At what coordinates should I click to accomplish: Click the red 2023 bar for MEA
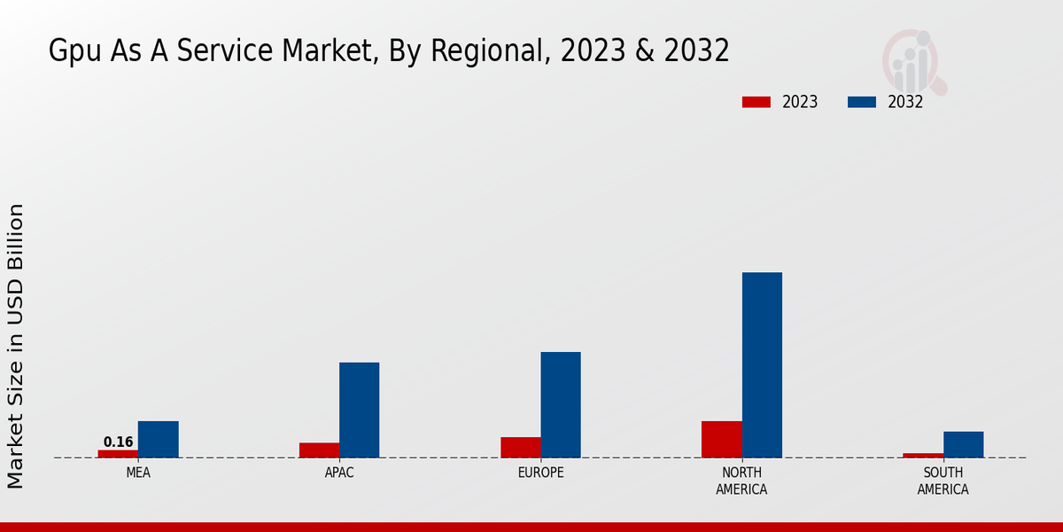[118, 454]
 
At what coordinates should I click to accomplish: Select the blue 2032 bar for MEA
[158, 440]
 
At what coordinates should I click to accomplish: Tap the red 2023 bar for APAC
[319, 450]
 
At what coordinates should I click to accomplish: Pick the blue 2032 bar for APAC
[359, 411]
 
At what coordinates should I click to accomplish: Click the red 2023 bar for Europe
[521, 448]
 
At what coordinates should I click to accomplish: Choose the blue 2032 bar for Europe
[561, 405]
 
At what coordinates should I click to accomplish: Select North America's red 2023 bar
[722, 440]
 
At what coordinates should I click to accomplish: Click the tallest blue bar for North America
[762, 365]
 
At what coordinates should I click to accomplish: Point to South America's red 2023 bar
[923, 456]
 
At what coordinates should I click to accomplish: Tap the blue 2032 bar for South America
[963, 445]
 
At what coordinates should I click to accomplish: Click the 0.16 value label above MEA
[118, 442]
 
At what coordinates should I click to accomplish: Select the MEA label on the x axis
[138, 473]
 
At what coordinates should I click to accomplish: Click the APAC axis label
[339, 473]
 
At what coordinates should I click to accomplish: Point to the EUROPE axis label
[540, 473]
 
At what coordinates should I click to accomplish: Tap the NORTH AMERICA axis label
[741, 481]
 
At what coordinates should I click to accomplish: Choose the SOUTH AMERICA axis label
[943, 481]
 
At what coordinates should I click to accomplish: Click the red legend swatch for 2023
[756, 102]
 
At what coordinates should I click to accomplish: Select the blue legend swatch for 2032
[861, 102]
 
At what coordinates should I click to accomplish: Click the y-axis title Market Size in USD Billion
[16, 346]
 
